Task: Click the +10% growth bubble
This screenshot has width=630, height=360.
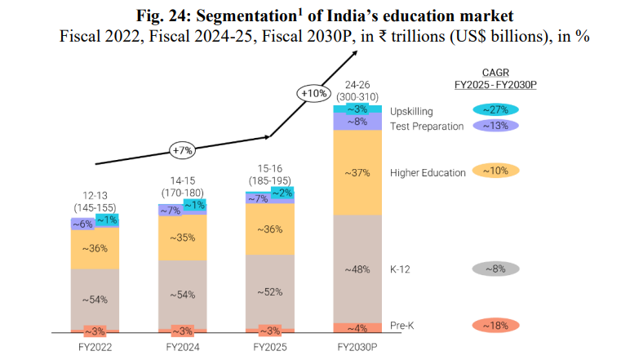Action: tap(314, 94)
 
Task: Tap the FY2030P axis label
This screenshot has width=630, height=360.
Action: tap(358, 347)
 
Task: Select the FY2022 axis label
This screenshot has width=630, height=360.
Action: tap(95, 347)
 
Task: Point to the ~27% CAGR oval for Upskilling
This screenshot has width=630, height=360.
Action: tap(495, 110)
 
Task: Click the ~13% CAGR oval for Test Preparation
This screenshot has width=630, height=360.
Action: tap(495, 126)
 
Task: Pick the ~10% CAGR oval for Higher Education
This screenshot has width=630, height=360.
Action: tap(495, 171)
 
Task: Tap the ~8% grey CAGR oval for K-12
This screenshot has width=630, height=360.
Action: tap(495, 268)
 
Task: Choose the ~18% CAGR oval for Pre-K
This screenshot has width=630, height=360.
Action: tap(495, 326)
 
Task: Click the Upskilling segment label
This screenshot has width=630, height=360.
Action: tap(413, 111)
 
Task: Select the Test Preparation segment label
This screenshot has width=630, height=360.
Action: tap(427, 127)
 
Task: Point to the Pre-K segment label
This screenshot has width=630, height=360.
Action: tap(403, 326)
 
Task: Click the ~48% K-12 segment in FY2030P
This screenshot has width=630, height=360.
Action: tap(358, 269)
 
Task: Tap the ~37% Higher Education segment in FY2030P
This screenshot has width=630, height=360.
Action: tap(358, 172)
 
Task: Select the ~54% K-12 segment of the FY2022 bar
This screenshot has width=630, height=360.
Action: tap(95, 300)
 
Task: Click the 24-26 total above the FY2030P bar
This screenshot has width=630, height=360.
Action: tap(358, 85)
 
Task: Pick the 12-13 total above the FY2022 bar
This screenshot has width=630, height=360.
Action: tap(95, 196)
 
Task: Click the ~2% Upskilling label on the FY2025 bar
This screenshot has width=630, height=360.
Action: tap(282, 193)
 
